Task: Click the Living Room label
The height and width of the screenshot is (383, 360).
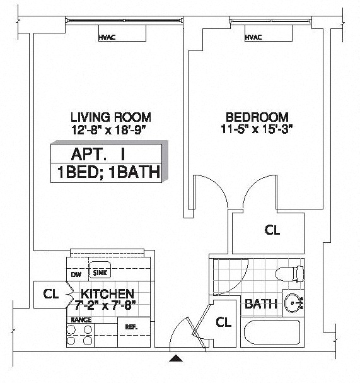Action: tap(111, 117)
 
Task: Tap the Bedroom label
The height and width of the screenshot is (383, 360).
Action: tap(257, 117)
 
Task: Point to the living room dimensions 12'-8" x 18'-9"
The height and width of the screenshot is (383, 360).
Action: tap(108, 130)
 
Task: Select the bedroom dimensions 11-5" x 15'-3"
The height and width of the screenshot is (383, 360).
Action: tap(257, 129)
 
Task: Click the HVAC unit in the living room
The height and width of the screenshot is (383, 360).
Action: tap(122, 33)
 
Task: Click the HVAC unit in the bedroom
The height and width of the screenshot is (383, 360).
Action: tap(269, 33)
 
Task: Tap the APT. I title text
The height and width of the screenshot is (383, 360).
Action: tap(98, 154)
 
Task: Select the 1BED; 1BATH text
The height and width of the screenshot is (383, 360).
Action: tap(108, 172)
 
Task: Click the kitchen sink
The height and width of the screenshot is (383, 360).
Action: tap(100, 270)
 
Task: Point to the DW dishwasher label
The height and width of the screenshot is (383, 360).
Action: tap(76, 274)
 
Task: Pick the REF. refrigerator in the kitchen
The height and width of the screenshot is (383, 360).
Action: tap(134, 332)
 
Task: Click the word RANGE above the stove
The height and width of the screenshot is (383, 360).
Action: tap(81, 320)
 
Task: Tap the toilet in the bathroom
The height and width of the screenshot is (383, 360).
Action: tap(290, 273)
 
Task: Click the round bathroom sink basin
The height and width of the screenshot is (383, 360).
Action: tap(293, 303)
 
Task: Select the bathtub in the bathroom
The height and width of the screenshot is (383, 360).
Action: tap(272, 332)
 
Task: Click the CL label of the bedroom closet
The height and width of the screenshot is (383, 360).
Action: tap(272, 230)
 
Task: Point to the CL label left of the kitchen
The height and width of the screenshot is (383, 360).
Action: tap(51, 294)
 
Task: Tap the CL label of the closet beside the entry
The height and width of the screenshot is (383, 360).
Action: tap(223, 322)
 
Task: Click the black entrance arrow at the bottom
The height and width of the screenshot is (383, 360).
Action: tap(176, 358)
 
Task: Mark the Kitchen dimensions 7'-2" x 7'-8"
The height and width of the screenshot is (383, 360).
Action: tap(105, 305)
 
